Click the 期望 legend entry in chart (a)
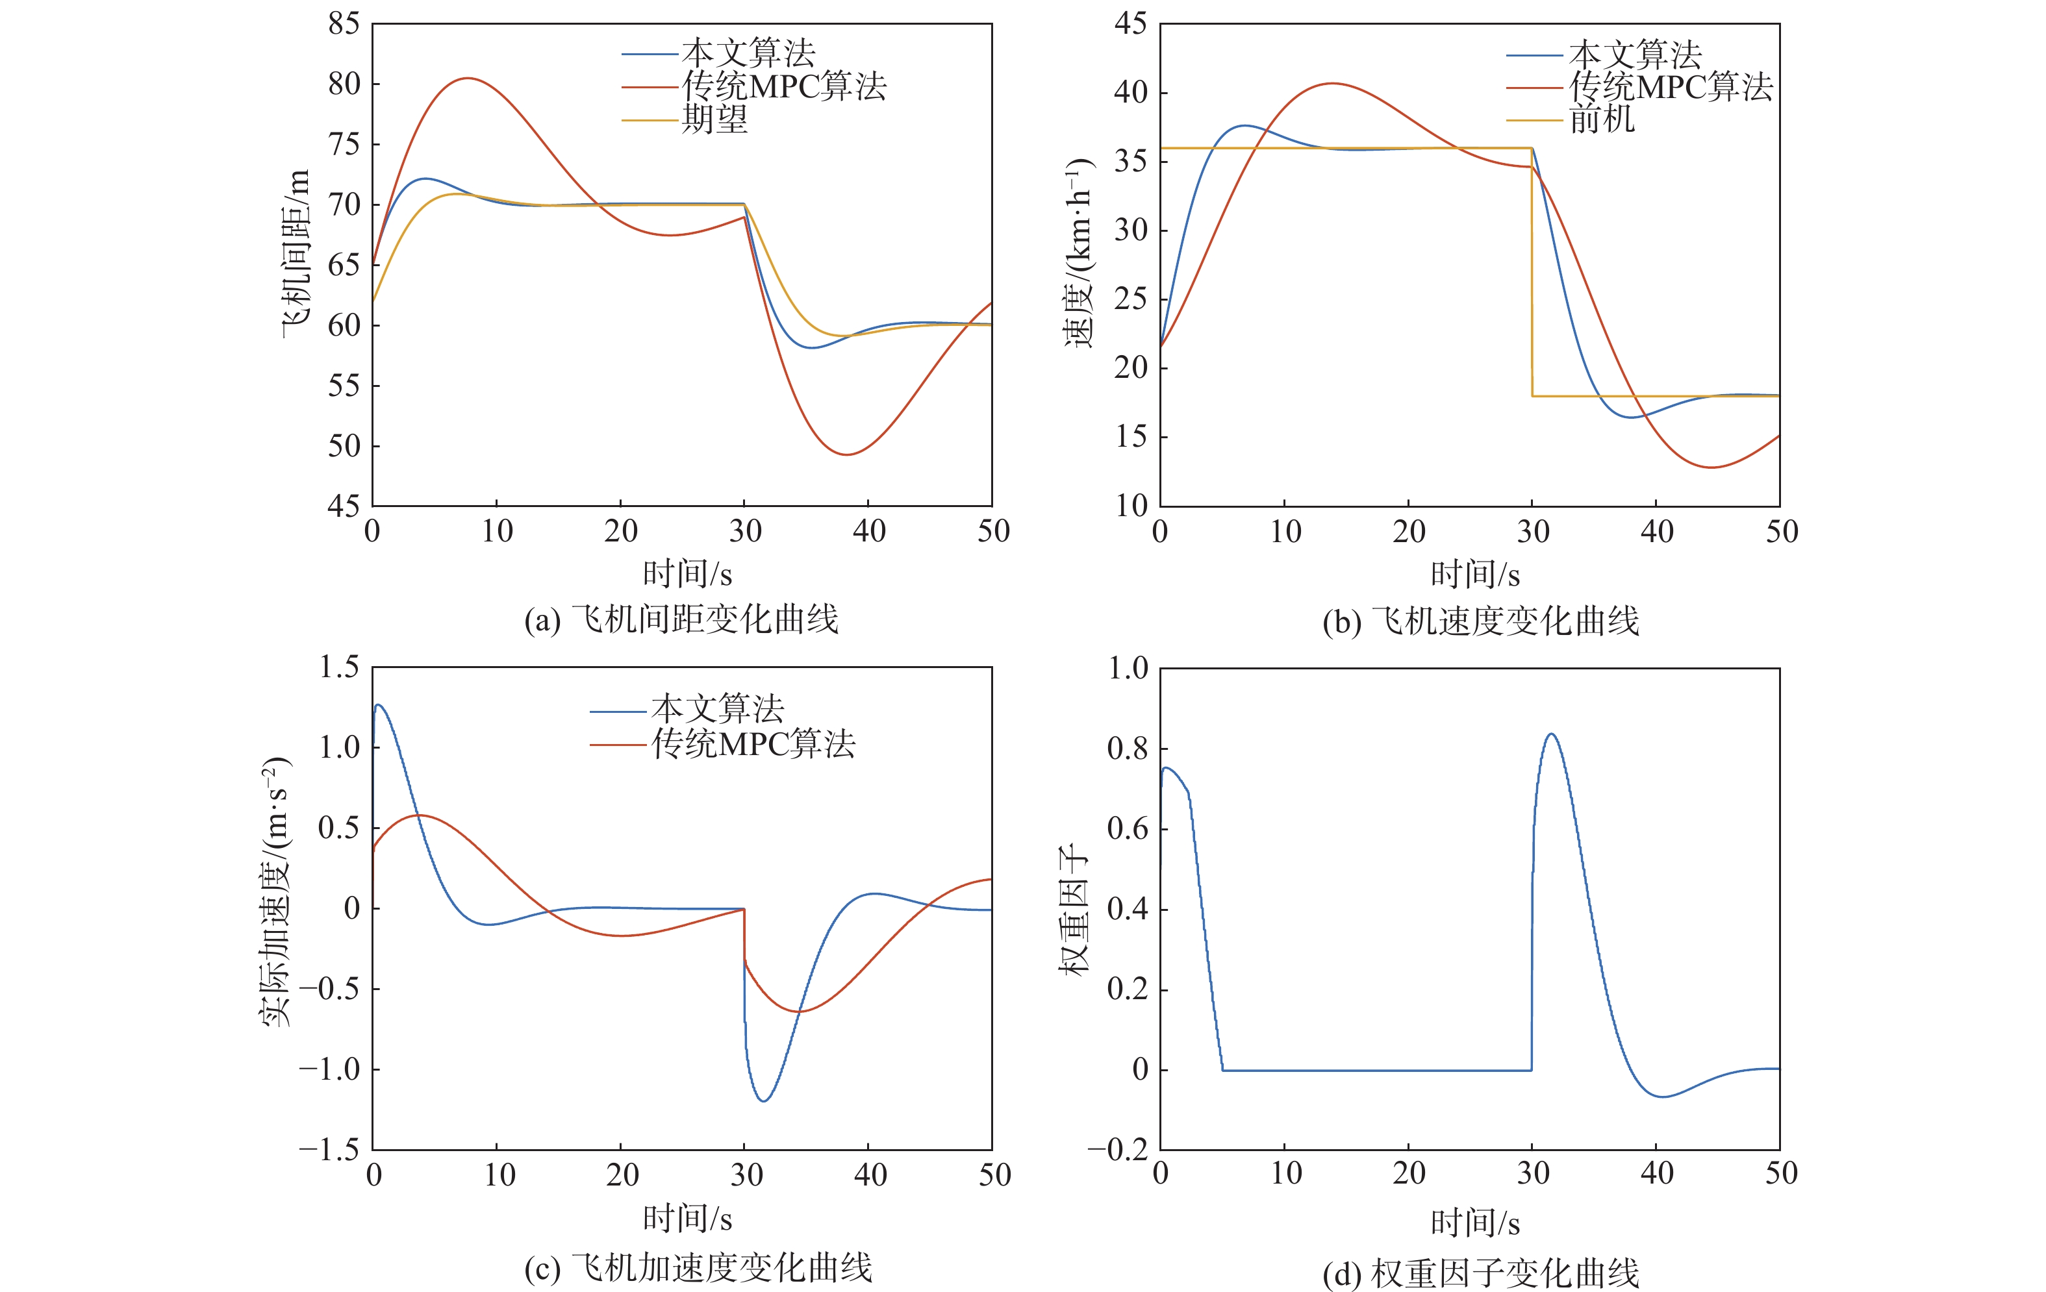(714, 119)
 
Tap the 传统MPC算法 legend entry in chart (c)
(753, 745)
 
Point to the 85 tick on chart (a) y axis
(344, 24)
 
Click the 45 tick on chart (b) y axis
(1131, 24)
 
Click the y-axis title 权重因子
(1074, 909)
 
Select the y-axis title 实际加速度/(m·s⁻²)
(277, 892)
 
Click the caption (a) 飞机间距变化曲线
(681, 619)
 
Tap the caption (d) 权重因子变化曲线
(1480, 1273)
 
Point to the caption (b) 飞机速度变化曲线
(1480, 621)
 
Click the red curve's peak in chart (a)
(467, 78)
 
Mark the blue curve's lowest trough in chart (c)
(764, 1101)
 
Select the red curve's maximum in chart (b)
(1332, 83)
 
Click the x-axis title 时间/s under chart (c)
(687, 1219)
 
